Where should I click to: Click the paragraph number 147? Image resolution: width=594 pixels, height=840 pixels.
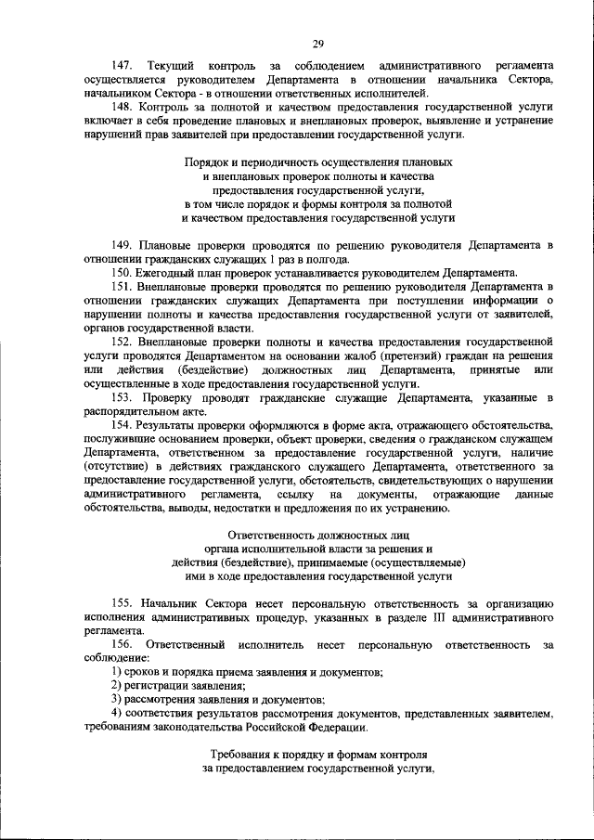pyautogui.click(x=122, y=66)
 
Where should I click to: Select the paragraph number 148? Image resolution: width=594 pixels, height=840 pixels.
pyautogui.click(x=122, y=106)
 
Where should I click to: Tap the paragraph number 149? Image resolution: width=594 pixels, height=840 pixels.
pyautogui.click(x=122, y=245)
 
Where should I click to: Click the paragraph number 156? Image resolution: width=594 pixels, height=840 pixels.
pyautogui.click(x=122, y=643)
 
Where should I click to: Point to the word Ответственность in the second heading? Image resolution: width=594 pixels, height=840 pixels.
pyautogui.click(x=272, y=535)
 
